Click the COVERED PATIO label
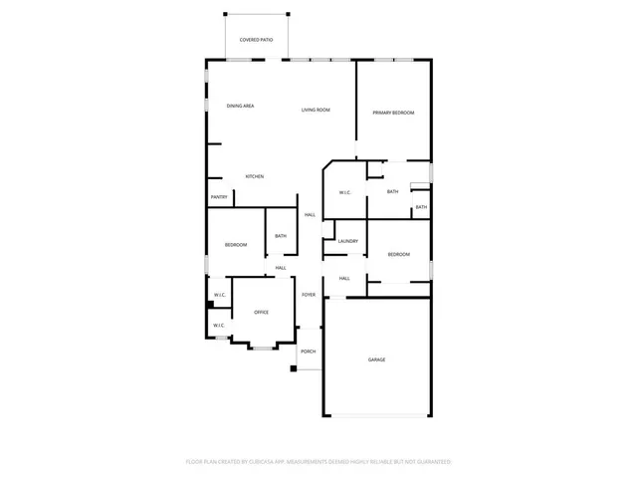coord(256,40)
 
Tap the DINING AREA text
coord(240,107)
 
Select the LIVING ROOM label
coord(316,110)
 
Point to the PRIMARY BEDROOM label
coord(393,114)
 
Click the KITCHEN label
coord(255,176)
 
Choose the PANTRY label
coord(219,197)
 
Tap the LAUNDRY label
coord(347,241)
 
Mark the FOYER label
coord(309,295)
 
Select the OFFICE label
coord(261,313)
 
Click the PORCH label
coord(309,352)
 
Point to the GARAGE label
coord(376,359)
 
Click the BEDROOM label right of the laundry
coord(398,255)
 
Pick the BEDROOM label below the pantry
coord(235,245)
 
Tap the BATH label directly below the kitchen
coord(281,236)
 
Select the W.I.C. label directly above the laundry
coord(344,192)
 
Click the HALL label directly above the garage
coord(343,279)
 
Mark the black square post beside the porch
coord(294,369)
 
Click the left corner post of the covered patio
coord(225,14)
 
